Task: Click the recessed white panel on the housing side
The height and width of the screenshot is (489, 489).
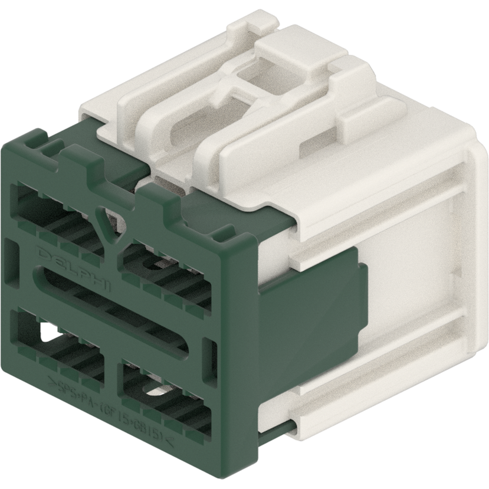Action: coord(407,295)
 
